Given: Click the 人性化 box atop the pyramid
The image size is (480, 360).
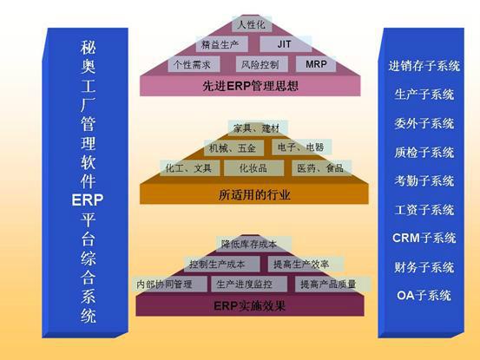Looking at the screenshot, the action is click(252, 24).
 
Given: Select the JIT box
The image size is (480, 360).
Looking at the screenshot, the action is click(286, 44).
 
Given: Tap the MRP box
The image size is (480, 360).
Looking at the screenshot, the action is click(316, 64).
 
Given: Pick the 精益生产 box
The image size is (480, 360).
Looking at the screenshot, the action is click(221, 44).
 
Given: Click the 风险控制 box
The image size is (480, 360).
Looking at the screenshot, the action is click(262, 64).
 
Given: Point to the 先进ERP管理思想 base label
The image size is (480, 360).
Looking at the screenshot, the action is click(250, 86).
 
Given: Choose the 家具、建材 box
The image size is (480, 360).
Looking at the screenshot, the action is click(258, 128).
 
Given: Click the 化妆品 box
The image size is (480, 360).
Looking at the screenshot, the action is click(253, 168).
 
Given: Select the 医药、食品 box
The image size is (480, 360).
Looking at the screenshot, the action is click(321, 168).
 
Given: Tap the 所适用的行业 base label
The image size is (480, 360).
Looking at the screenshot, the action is click(254, 194).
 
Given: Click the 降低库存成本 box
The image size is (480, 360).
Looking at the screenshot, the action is click(253, 244).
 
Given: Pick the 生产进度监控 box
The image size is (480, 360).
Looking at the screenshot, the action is click(249, 285).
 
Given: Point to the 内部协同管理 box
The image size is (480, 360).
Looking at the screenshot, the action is click(169, 285).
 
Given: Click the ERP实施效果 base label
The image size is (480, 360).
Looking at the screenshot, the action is click(249, 305).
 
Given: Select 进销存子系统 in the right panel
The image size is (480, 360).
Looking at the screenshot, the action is click(424, 66).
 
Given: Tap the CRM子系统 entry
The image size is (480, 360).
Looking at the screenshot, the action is click(424, 238).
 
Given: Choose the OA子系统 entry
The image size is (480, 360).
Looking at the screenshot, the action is click(424, 296).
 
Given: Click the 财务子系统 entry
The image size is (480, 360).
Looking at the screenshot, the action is click(424, 267).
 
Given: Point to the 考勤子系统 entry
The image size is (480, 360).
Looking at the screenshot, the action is click(424, 180).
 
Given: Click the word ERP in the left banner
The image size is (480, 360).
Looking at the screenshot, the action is click(88, 200).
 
